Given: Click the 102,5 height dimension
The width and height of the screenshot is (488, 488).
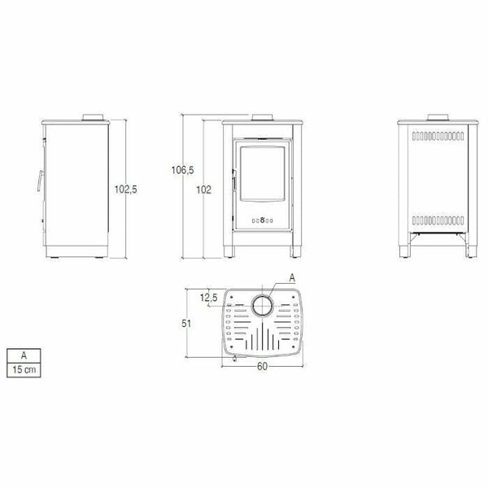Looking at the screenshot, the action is click(126, 190).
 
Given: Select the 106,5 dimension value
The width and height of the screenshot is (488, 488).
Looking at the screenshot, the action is click(182, 170).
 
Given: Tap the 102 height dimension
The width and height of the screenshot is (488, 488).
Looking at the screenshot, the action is click(203, 190).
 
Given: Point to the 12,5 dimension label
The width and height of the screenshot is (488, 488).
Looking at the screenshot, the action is click(208, 298).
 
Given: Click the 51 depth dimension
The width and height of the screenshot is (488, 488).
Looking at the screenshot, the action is click(186, 324).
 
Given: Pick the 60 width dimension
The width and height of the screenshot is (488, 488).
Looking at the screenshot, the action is click(262, 366).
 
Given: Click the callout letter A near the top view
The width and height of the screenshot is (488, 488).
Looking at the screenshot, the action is click(292, 278).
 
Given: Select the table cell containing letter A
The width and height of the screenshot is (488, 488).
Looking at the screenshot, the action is click(24, 355).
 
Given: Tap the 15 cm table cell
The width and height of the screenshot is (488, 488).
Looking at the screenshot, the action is click(24, 370).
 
